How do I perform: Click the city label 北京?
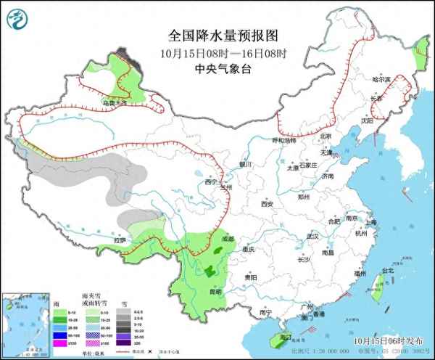[x=326, y=136]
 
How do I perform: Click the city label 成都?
[x=228, y=238]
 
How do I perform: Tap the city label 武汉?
[x=312, y=237]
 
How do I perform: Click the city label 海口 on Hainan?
[x=284, y=337]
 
